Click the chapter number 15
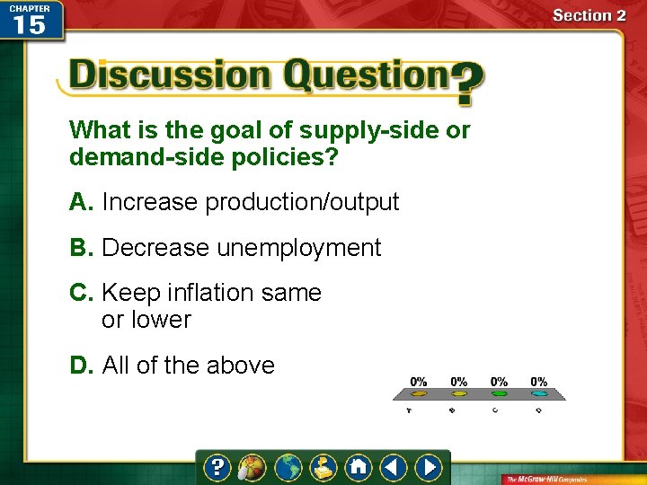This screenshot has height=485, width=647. click(x=30, y=24)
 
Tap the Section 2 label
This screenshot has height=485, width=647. click(x=589, y=14)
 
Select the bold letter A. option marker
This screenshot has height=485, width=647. click(x=81, y=202)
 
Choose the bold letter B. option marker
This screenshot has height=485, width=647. click(x=81, y=248)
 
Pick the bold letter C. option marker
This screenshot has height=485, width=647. click(x=81, y=293)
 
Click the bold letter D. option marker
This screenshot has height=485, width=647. click(x=81, y=366)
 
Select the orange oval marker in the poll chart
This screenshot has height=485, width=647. click(x=419, y=393)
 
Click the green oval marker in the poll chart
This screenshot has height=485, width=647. click(x=499, y=393)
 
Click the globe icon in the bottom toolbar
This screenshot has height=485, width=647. click(x=288, y=467)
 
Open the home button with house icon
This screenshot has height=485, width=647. click(x=359, y=467)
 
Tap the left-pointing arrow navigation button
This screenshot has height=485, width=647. click(x=393, y=467)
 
